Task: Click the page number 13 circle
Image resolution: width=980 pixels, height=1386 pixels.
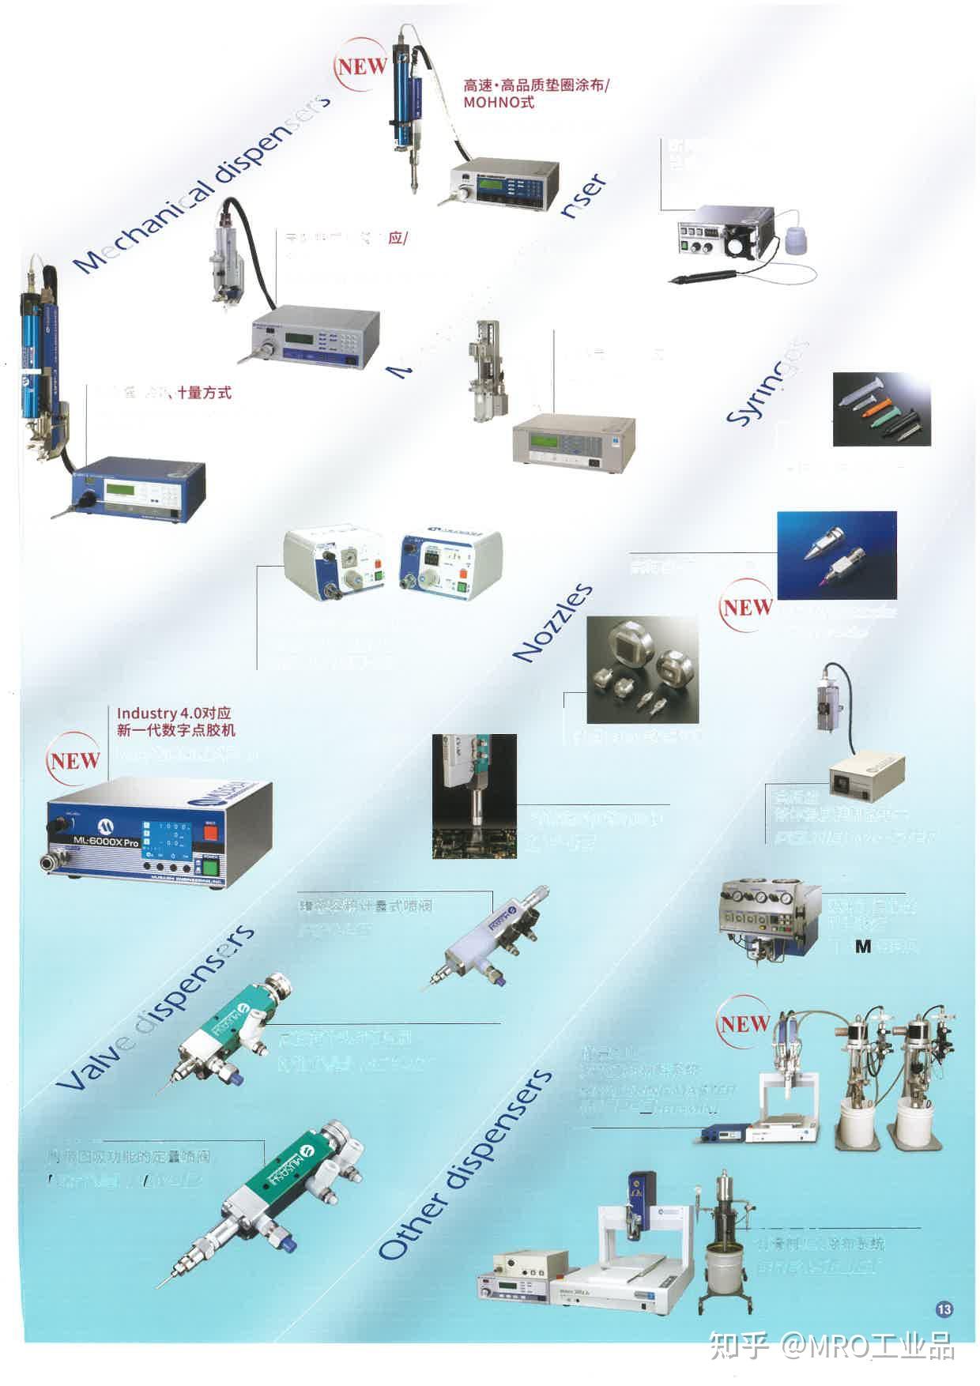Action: [944, 1309]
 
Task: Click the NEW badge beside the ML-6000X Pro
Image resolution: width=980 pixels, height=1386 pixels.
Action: [74, 760]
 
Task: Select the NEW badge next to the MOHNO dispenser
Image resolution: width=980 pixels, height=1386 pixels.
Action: [362, 66]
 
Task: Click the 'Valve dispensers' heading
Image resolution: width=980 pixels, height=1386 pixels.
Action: [155, 1007]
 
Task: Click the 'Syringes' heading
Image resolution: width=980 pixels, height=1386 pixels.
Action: [767, 382]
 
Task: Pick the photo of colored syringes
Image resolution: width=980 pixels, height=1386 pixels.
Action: [881, 410]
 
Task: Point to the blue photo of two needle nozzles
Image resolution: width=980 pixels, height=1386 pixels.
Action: [837, 554]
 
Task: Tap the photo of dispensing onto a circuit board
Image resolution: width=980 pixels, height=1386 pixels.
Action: [474, 796]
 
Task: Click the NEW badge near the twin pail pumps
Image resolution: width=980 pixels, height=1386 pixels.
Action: [744, 1023]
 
